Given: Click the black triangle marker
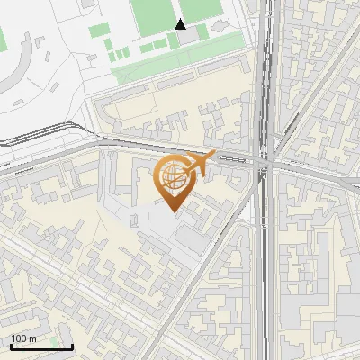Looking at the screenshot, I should click(180, 24).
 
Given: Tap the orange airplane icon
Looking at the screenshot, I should click(202, 162).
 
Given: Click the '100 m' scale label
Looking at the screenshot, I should click(24, 338).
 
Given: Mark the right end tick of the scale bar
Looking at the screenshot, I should click(72, 346).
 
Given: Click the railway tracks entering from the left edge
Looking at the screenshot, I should click(18, 144).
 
